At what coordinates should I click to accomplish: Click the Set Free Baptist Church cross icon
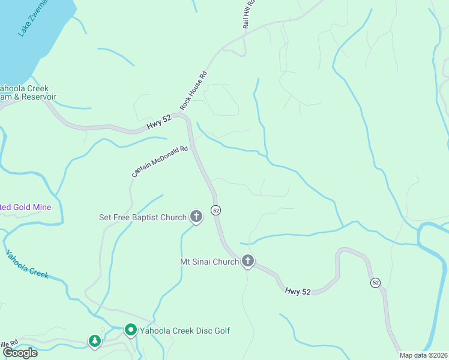(x=196, y=217)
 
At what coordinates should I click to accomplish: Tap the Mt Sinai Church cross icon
(x=248, y=261)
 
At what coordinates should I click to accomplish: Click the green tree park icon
(x=94, y=341)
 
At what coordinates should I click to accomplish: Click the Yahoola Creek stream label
(x=27, y=264)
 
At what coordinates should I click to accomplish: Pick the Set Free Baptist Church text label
(x=143, y=217)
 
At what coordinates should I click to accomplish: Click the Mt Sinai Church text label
(x=209, y=262)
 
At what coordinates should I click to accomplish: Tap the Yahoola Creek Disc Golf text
(x=185, y=331)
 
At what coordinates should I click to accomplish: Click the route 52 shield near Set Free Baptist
(x=215, y=210)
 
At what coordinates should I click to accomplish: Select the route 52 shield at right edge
(x=376, y=282)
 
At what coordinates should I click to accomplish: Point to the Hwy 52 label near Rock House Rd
(x=159, y=122)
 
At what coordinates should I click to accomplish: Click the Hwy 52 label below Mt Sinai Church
(x=298, y=292)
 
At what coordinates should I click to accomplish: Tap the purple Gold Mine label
(x=25, y=207)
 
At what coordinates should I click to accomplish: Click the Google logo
(x=20, y=352)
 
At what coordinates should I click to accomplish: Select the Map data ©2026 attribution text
(x=423, y=355)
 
